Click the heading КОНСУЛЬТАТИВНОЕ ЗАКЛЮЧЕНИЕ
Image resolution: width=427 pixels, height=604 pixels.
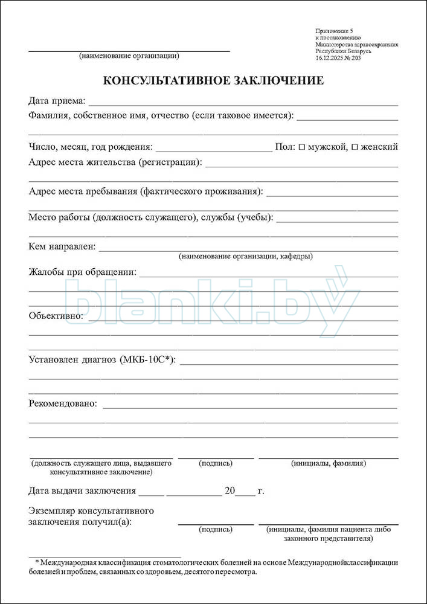[x=213, y=81]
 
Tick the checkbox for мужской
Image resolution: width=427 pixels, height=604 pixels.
[x=302, y=147]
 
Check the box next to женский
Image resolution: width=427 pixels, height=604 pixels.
[x=355, y=147]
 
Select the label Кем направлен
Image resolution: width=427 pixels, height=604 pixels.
[x=62, y=246]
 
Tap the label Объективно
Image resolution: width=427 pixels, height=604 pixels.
[x=56, y=315]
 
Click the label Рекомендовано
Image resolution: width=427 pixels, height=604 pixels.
[x=63, y=403]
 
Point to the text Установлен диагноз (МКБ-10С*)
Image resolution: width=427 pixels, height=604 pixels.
[x=102, y=360]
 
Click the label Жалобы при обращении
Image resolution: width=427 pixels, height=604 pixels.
[x=82, y=272]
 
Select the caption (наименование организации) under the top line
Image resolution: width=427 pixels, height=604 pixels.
[x=129, y=56]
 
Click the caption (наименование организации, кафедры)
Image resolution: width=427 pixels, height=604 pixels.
[x=246, y=256]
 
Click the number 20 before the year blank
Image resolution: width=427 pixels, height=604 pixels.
[x=229, y=491]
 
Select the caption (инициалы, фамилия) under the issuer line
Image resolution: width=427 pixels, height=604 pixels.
[x=329, y=463]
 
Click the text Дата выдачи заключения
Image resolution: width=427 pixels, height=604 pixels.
[x=82, y=491]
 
